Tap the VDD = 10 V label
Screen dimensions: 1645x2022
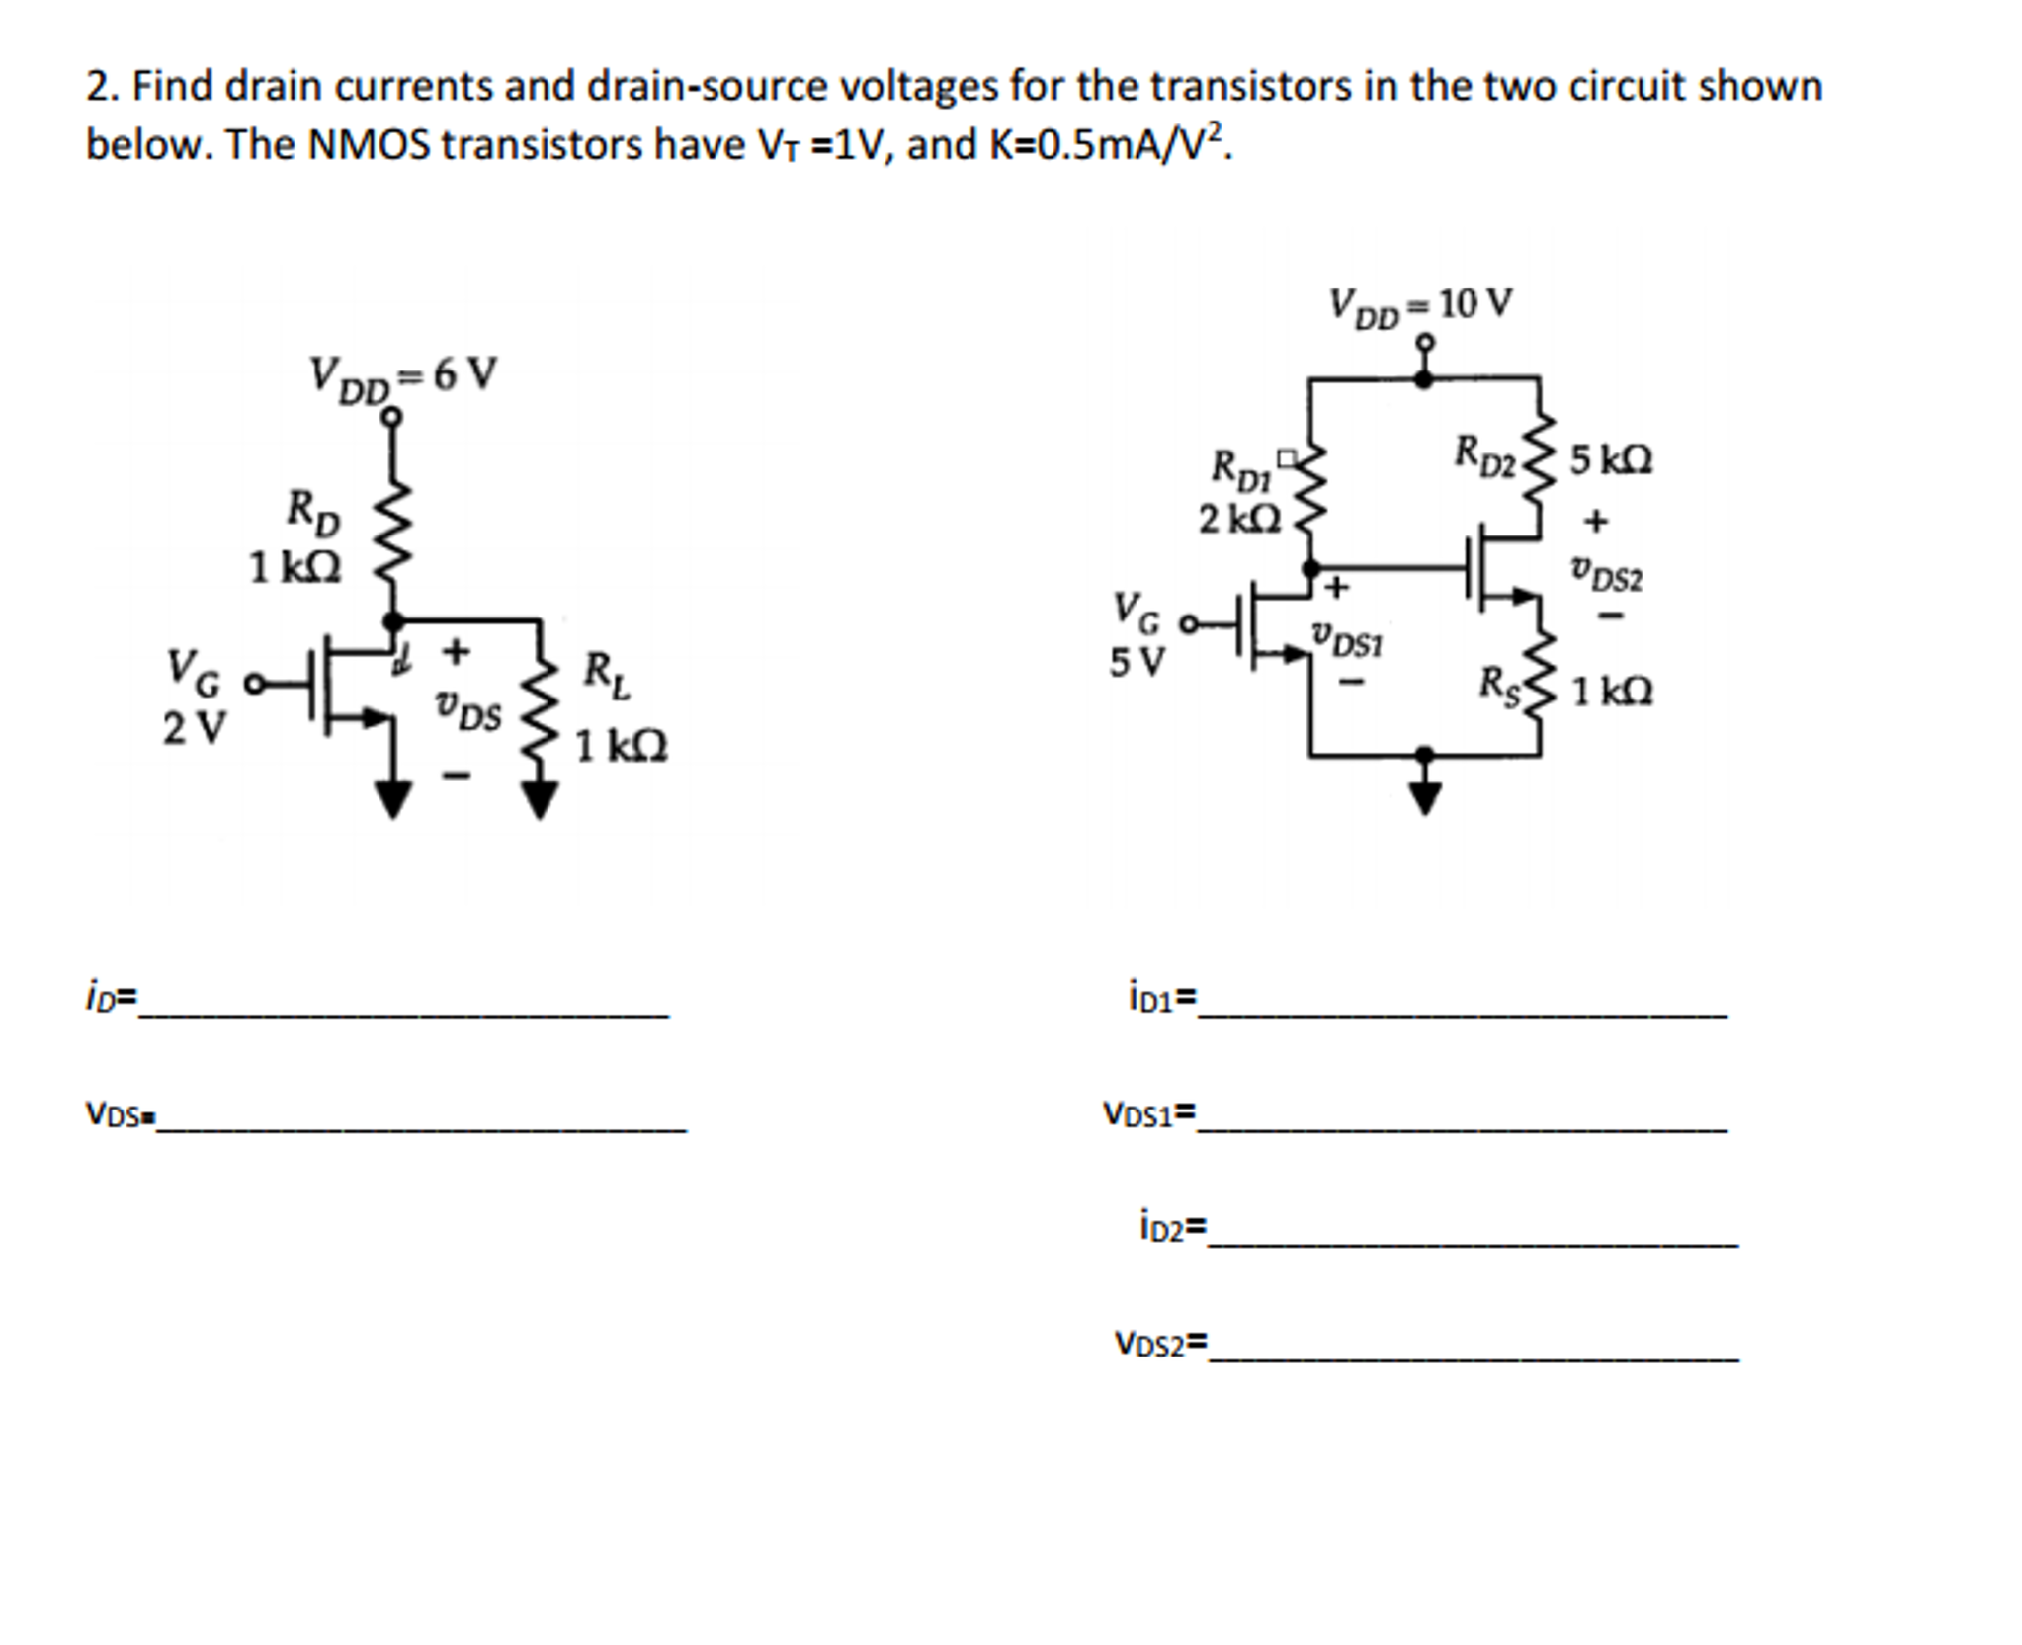(x=1420, y=305)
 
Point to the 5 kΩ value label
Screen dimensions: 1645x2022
(x=1611, y=460)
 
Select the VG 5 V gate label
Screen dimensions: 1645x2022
(x=1137, y=633)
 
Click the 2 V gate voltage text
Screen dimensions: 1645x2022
(x=194, y=728)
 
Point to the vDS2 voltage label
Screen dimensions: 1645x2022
(x=1607, y=573)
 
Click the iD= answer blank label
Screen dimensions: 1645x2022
(x=111, y=998)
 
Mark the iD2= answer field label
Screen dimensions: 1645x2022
(x=1172, y=1228)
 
